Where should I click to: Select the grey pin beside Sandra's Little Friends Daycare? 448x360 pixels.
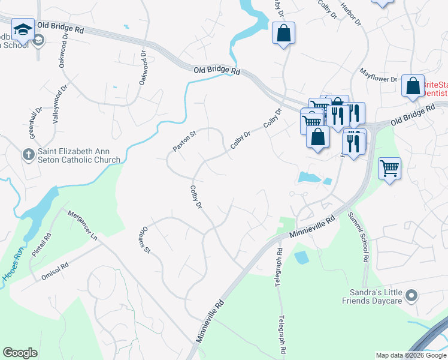pos(411,296)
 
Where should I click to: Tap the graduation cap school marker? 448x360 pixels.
pos(23,29)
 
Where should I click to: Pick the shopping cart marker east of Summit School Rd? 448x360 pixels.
pos(389,169)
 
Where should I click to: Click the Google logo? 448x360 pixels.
pos(20,353)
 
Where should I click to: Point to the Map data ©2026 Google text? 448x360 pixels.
pos(411,355)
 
